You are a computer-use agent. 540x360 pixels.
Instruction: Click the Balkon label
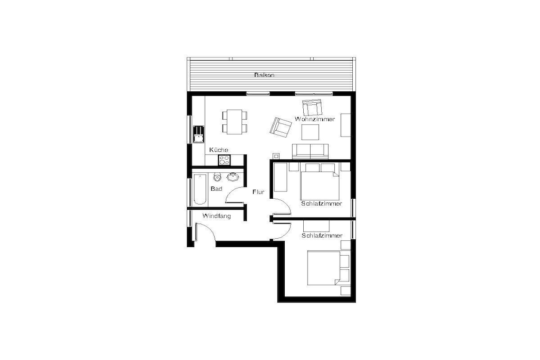264,75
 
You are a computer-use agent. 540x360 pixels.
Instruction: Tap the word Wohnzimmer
315,119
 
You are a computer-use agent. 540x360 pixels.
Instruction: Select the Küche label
219,150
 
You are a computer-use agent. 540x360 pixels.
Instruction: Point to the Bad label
216,189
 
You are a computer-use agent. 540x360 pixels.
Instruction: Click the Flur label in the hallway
258,192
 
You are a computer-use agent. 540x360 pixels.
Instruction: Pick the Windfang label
217,216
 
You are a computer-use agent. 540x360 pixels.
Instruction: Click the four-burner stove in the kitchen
225,160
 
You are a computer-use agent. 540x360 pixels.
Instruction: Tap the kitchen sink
198,134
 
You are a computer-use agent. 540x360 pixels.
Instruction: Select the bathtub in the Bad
200,189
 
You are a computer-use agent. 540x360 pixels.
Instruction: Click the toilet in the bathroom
217,177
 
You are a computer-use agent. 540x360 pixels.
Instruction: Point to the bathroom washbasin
233,177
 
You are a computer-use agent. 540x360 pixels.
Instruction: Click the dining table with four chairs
235,121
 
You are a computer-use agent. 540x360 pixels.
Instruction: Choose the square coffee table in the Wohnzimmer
310,132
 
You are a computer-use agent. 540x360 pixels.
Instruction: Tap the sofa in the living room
310,151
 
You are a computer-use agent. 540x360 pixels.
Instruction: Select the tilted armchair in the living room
281,127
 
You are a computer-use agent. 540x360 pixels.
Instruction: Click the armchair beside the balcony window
312,108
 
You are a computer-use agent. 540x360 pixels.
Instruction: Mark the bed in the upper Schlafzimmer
320,181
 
